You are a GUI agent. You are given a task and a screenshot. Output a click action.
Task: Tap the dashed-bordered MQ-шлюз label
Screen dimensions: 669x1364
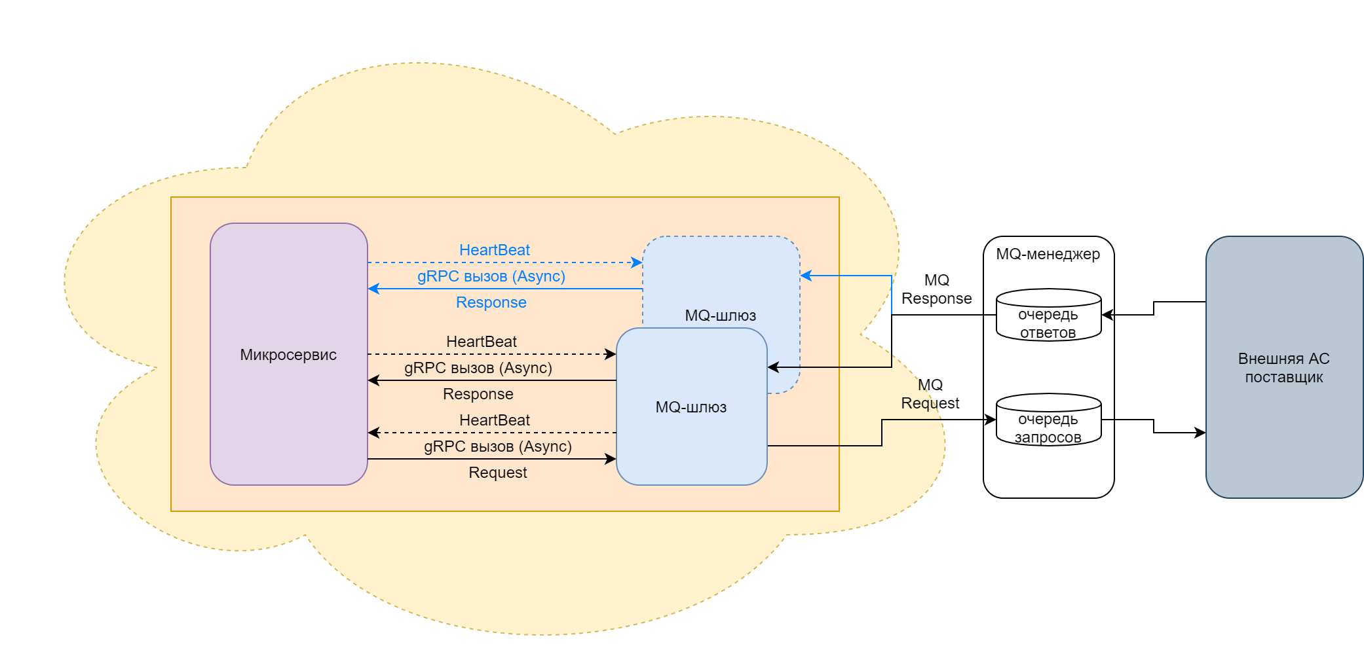720,316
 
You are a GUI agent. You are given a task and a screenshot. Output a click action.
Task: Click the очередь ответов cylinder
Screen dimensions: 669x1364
1048,316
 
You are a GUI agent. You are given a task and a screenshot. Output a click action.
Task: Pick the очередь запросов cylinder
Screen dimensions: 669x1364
1048,420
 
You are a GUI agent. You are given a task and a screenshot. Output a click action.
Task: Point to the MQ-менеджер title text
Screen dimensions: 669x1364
1048,254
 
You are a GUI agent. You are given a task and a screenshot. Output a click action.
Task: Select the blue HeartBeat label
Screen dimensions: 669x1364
494,250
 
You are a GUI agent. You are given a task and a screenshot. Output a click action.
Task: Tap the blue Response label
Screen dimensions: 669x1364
491,302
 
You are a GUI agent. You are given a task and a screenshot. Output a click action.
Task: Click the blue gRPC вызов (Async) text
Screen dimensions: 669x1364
491,276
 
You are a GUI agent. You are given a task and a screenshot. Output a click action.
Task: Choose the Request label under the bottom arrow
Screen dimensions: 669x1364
497,473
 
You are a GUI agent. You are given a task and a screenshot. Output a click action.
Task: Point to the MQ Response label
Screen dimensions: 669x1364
936,289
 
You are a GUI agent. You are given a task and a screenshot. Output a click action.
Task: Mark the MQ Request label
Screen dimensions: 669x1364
930,394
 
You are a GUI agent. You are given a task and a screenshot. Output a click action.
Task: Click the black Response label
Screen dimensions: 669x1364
478,394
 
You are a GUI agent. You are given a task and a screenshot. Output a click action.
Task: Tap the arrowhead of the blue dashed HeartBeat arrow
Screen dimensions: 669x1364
637,262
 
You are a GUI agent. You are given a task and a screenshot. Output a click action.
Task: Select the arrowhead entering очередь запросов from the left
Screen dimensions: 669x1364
991,420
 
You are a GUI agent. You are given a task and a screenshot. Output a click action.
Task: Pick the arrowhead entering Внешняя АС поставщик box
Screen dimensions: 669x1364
1200,433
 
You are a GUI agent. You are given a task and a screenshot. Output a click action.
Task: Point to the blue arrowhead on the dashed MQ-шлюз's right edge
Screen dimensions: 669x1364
806,276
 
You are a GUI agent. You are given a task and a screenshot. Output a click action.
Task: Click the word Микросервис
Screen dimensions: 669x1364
288,355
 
